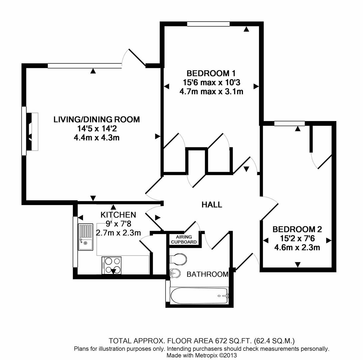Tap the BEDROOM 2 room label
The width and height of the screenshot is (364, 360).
tap(297, 229)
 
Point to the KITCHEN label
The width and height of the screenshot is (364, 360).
tap(118, 215)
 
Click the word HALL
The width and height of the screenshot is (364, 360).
tap(212, 205)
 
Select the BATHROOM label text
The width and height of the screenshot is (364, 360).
tap(207, 274)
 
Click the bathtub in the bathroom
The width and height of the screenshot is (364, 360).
tap(199, 295)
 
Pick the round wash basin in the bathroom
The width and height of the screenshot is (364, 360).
tap(175, 273)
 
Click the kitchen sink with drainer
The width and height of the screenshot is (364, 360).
tap(86, 237)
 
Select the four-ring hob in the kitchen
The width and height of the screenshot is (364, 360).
tap(111, 265)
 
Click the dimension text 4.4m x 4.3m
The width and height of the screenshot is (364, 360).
tap(97, 137)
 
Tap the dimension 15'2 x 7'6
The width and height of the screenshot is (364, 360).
tap(297, 238)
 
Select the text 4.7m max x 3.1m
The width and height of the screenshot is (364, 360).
tap(211, 91)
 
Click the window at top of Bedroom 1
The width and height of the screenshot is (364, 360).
tap(208, 24)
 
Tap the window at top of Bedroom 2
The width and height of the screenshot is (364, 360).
tap(289, 124)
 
